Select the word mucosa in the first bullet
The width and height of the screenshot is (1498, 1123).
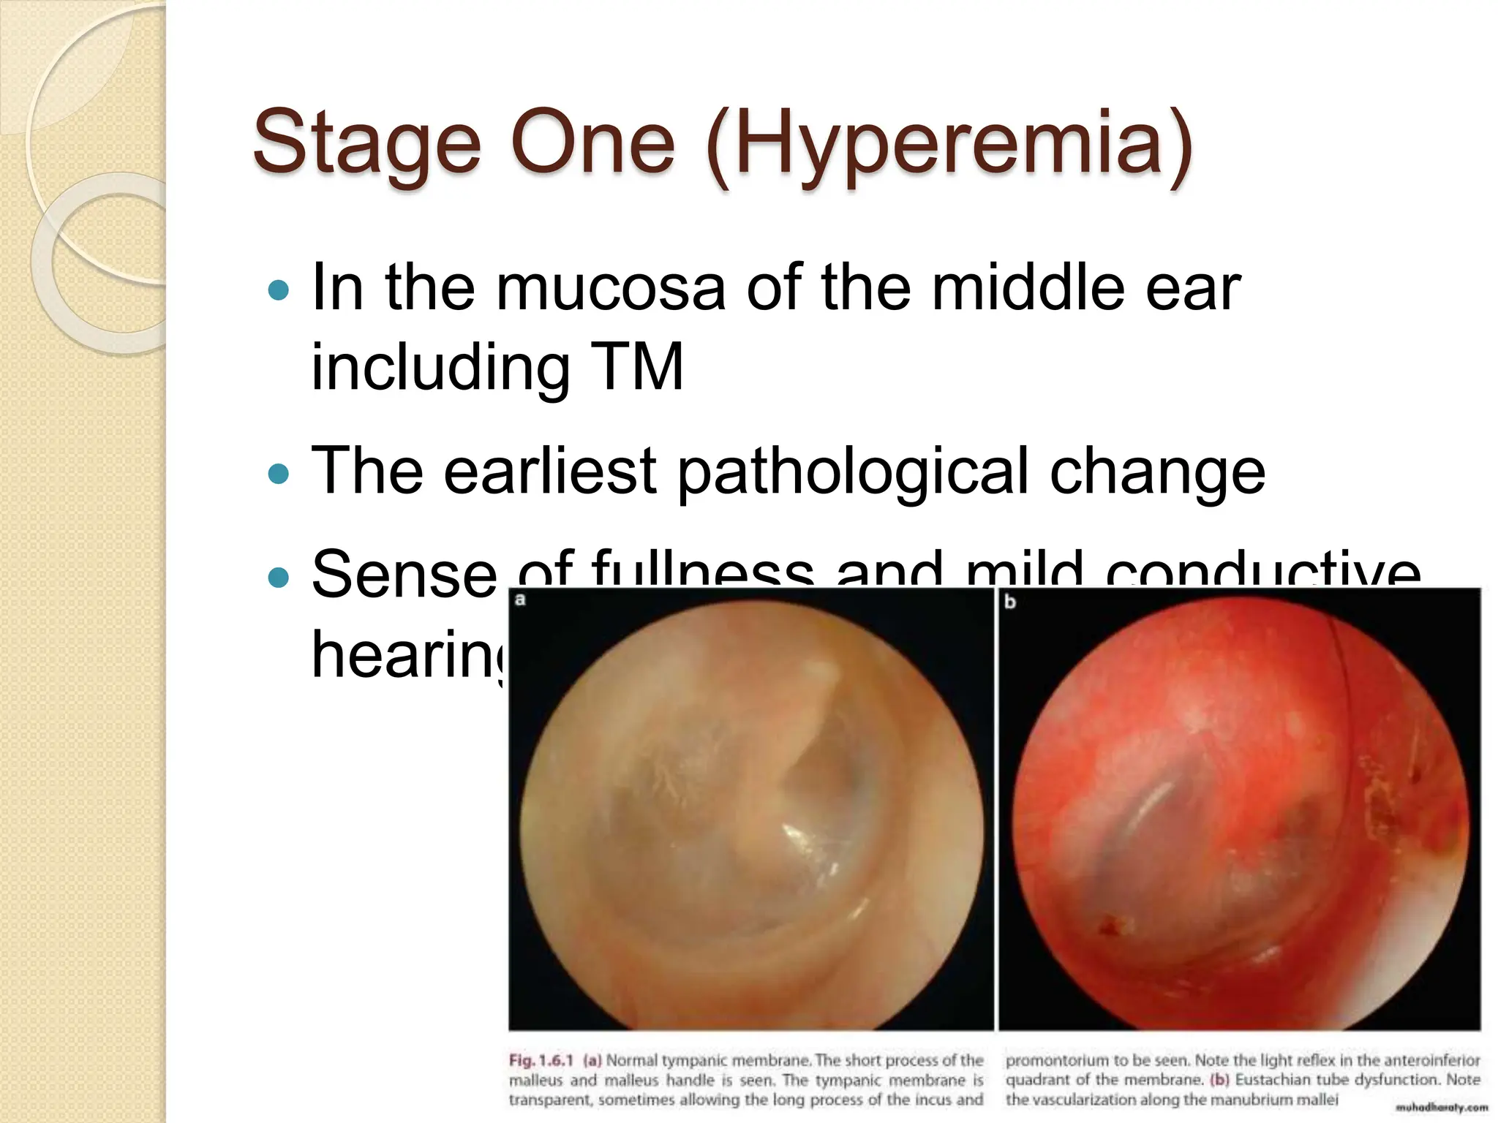[611, 289]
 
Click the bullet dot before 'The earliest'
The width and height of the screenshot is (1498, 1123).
[279, 474]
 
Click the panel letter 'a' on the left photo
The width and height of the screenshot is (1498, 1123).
[521, 600]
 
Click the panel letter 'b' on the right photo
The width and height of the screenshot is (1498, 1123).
[1010, 602]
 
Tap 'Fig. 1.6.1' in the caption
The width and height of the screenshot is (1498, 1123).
[541, 1060]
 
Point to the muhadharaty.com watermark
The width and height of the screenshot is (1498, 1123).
[1442, 1108]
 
